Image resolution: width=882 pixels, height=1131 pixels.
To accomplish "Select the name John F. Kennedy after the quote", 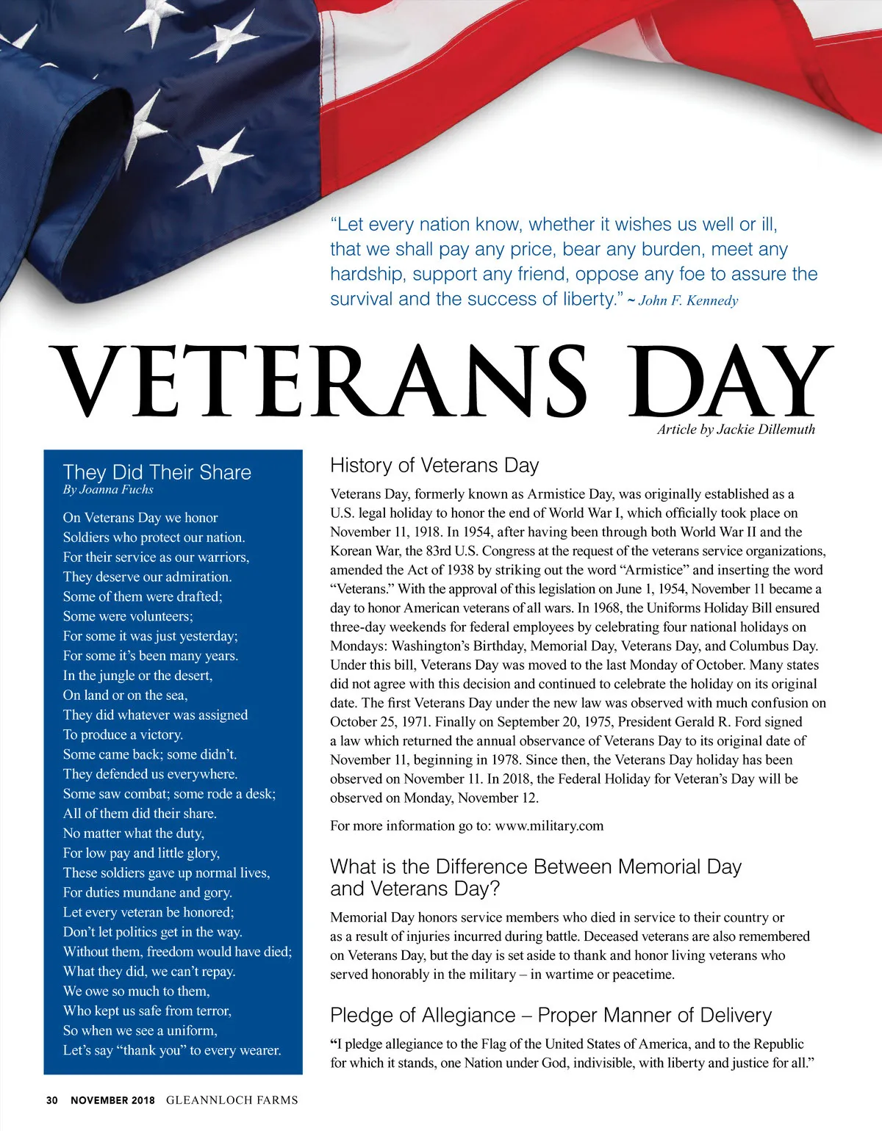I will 689,300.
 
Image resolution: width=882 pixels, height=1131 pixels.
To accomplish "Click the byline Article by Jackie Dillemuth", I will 736,430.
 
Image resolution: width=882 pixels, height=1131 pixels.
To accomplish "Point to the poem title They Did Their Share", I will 157,472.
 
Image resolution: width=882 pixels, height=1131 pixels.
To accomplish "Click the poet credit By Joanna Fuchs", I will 108,490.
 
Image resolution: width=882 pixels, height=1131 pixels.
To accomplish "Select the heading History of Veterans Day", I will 434,466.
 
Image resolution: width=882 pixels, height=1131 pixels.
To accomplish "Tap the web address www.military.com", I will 549,825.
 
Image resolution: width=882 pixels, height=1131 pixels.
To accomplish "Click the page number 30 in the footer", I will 51,1100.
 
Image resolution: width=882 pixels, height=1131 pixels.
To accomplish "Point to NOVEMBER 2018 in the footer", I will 112,1100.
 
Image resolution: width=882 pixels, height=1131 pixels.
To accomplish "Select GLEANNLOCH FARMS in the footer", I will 232,1100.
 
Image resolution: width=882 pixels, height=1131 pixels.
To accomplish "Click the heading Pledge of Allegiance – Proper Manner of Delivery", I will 551,1015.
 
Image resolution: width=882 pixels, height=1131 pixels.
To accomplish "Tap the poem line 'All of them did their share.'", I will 140,814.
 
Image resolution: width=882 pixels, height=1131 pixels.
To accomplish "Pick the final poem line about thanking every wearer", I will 172,1050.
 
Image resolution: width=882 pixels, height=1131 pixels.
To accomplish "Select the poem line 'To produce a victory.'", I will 123,734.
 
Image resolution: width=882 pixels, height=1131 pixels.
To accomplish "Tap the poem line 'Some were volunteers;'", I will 128,616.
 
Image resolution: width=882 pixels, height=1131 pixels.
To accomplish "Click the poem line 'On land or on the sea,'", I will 125,695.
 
